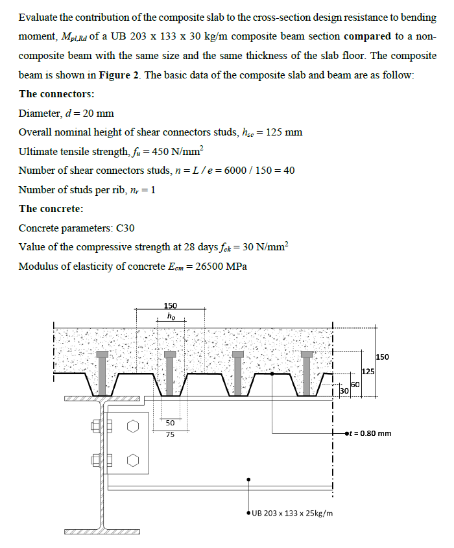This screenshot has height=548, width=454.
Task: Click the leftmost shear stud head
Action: (x=102, y=355)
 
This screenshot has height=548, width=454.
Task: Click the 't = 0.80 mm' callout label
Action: (x=368, y=433)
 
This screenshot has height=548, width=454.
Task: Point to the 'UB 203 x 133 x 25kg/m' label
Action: (x=293, y=513)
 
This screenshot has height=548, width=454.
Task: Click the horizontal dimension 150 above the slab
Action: (x=170, y=305)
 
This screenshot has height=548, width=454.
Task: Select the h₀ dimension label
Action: (x=170, y=316)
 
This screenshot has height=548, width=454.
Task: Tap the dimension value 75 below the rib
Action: (x=169, y=435)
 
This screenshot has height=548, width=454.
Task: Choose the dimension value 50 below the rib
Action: (x=169, y=422)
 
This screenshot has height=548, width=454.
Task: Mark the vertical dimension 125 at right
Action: (x=368, y=371)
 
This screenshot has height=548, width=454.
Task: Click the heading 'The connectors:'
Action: (x=57, y=94)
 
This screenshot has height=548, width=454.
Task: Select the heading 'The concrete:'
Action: (x=51, y=209)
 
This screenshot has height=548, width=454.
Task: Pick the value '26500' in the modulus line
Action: (x=203, y=267)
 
